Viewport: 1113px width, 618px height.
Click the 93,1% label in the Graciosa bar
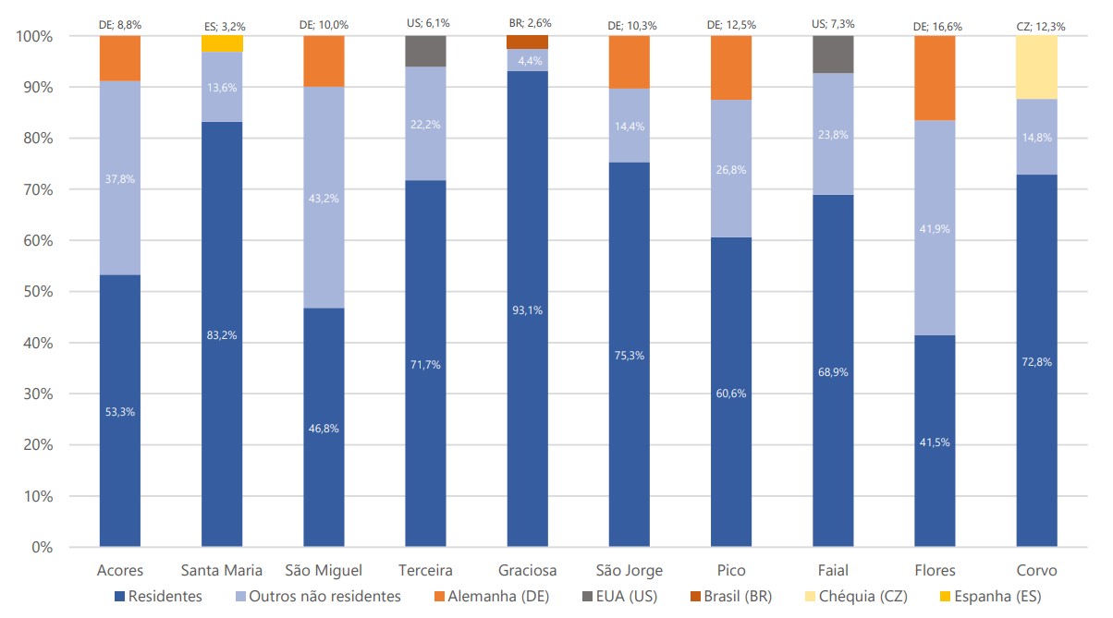click(x=528, y=310)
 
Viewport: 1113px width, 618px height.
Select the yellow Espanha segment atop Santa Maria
click(x=222, y=43)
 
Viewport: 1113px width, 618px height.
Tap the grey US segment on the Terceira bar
click(x=426, y=52)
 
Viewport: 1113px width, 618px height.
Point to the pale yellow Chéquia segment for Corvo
click(x=1037, y=67)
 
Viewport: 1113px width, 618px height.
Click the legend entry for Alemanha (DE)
click(x=495, y=597)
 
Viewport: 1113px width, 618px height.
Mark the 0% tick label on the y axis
click(x=38, y=547)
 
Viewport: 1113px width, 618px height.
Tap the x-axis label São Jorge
click(x=630, y=570)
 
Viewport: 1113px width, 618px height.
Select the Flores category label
click(x=936, y=570)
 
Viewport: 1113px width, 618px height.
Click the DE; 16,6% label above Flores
click(x=936, y=27)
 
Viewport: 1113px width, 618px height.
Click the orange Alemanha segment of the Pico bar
click(x=731, y=67)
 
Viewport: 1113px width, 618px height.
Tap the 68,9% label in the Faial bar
click(x=833, y=372)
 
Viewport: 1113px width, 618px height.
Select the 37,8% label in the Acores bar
click(x=120, y=179)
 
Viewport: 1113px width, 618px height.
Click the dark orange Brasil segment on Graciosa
click(x=528, y=42)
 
